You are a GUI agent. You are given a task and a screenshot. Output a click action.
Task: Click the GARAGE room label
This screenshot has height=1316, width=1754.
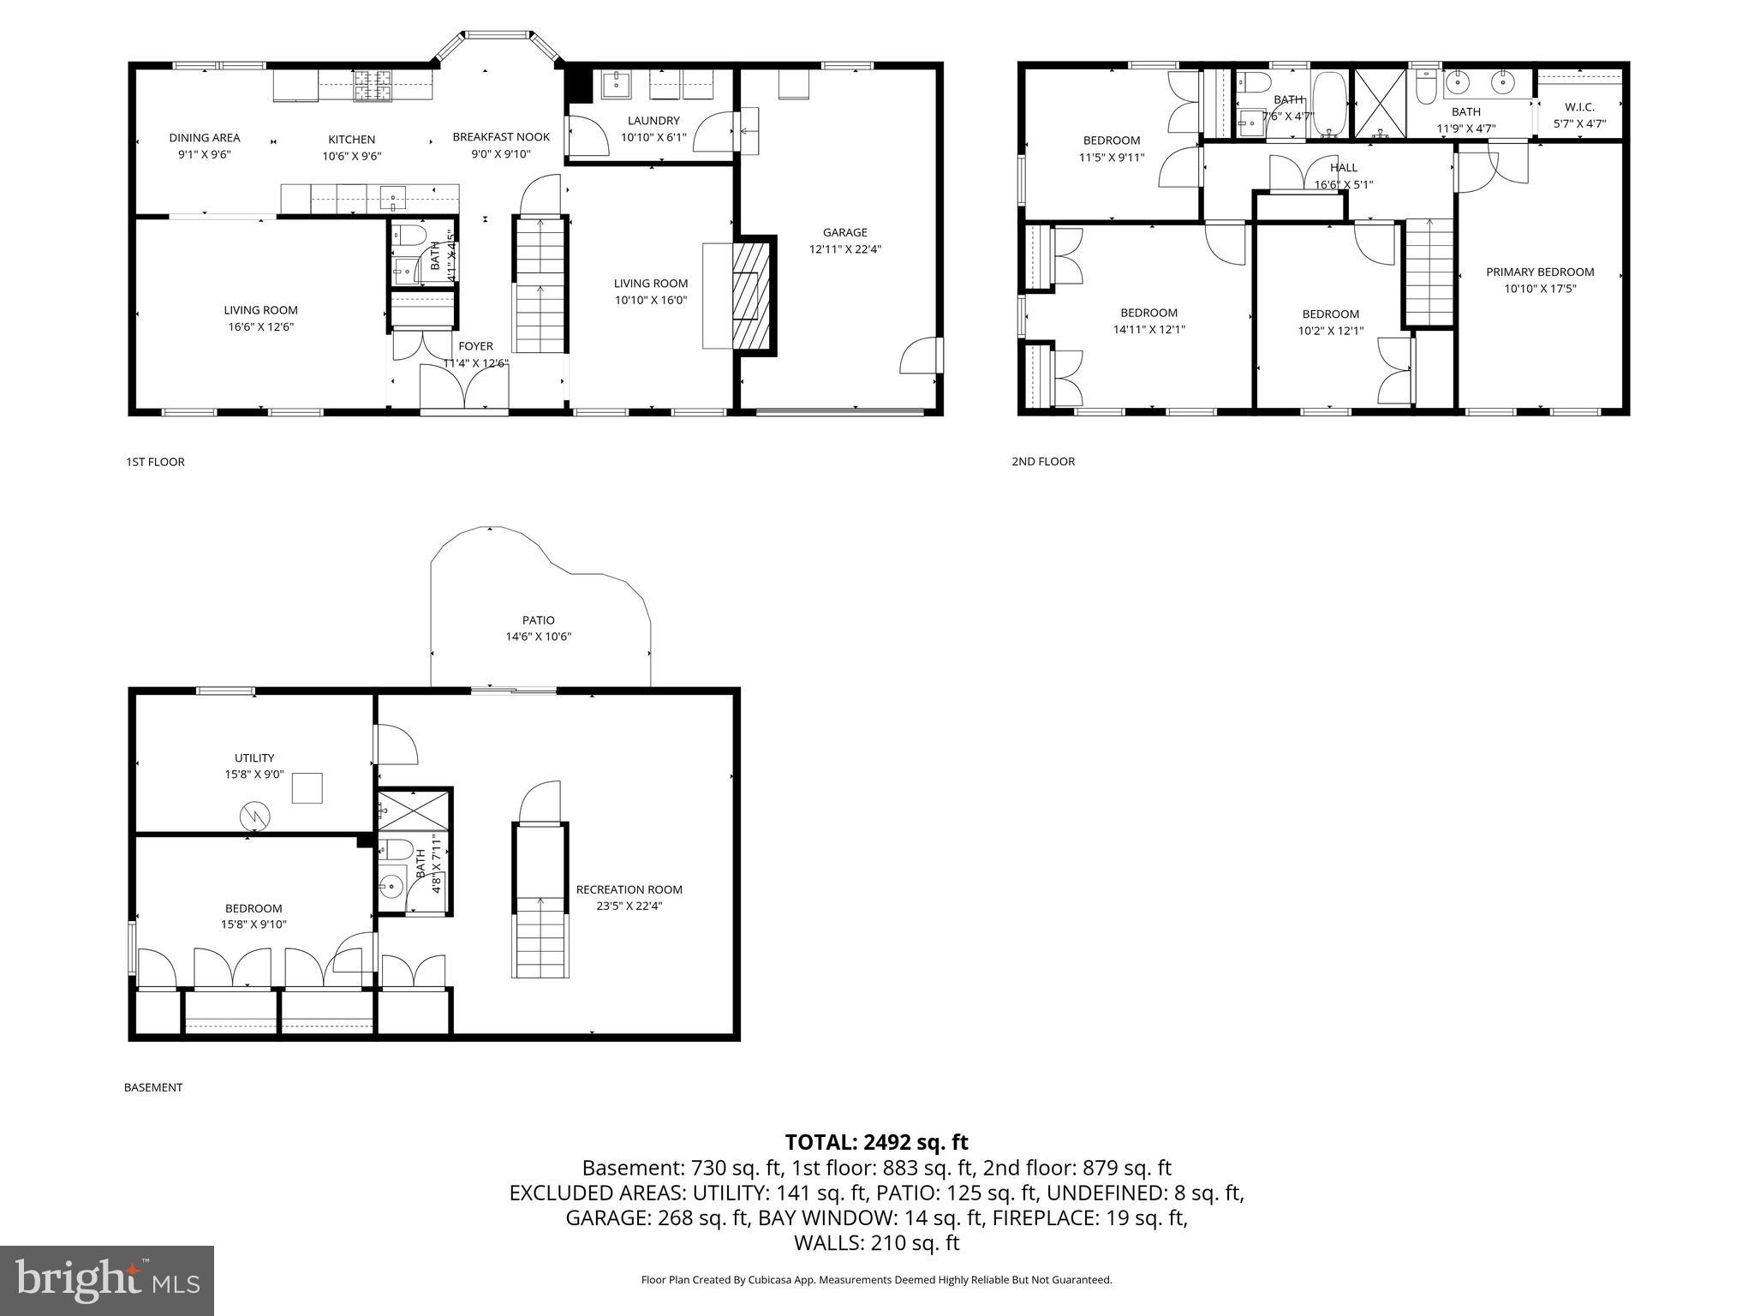tap(844, 232)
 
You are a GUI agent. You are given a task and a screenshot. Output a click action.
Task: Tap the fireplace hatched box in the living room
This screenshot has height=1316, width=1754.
tap(751, 293)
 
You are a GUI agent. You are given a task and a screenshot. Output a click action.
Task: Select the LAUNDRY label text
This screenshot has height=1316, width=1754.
tap(653, 121)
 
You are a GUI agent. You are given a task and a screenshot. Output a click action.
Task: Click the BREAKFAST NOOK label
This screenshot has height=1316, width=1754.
tap(501, 137)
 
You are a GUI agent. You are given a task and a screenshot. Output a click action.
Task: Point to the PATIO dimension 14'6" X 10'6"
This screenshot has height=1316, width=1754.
tap(538, 637)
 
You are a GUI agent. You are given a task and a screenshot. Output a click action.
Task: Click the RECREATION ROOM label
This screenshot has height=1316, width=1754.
tap(629, 889)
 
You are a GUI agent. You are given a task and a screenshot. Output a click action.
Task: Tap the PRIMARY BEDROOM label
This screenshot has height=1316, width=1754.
tap(1540, 272)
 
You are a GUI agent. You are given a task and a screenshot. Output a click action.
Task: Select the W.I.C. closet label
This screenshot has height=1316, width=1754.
tap(1579, 107)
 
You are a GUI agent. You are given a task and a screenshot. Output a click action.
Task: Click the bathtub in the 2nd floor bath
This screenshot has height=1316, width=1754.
tap(1330, 105)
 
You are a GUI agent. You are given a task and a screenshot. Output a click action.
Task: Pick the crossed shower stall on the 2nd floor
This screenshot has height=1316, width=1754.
tap(1379, 105)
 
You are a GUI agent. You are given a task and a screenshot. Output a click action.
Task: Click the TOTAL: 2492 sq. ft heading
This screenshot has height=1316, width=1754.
tap(876, 1142)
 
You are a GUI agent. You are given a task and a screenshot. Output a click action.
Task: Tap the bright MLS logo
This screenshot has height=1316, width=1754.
tap(107, 1280)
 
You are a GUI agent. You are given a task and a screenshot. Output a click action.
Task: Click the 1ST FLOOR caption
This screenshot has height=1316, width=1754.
tap(155, 462)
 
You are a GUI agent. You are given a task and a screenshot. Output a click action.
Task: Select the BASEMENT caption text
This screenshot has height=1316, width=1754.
tap(153, 1087)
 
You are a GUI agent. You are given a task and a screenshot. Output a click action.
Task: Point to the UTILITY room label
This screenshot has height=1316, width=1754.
tap(254, 758)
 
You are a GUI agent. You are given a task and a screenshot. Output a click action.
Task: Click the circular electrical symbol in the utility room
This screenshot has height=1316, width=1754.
tap(254, 816)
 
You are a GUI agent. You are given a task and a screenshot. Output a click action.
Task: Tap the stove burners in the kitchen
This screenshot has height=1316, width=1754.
tap(373, 85)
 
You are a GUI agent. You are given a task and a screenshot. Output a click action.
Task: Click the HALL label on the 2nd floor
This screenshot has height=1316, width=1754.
tap(1344, 168)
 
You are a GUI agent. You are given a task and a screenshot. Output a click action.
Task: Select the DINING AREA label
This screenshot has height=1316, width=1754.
tap(204, 138)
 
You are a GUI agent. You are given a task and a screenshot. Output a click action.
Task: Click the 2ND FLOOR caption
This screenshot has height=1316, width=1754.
tap(1043, 462)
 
